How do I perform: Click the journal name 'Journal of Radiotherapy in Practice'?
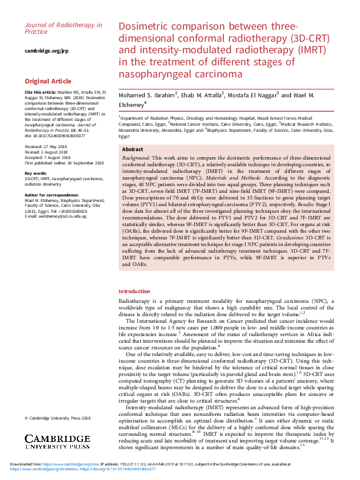63,28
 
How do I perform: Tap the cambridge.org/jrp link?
47,51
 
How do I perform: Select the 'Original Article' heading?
48,81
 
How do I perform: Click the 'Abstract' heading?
133,149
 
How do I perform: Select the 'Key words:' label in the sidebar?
38,172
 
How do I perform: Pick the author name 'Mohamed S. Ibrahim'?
146,94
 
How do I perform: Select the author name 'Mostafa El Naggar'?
252,94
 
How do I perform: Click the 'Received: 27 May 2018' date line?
45,147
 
